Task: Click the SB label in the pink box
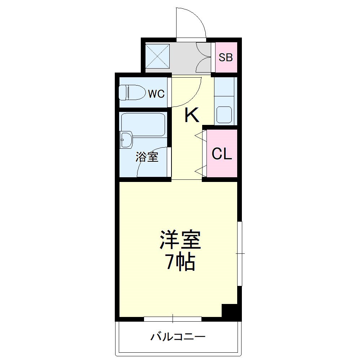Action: point(226,57)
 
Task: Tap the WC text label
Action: point(156,94)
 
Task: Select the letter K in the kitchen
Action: point(192,116)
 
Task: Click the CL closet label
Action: point(222,154)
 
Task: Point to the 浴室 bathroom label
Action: point(147,157)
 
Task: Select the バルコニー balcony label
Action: point(178,337)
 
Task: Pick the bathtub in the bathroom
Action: point(143,124)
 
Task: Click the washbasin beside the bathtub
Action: point(126,139)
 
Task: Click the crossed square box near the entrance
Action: point(157,56)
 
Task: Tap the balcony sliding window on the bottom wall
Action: point(173,319)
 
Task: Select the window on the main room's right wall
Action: point(240,253)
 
